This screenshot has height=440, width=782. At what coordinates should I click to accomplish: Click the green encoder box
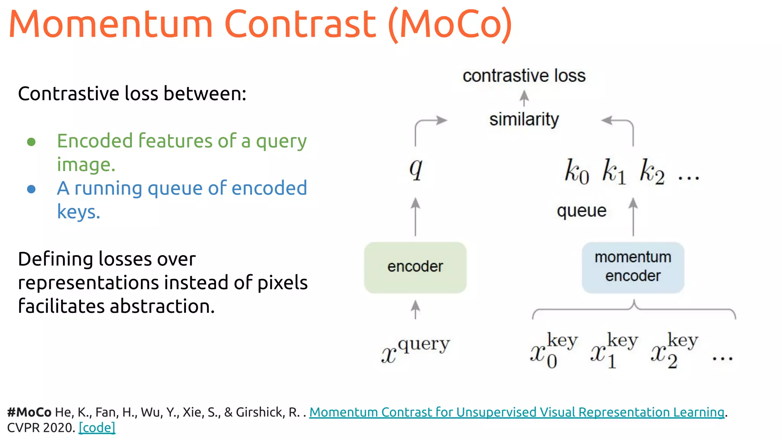point(415,267)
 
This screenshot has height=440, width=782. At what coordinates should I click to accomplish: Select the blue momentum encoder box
point(633,267)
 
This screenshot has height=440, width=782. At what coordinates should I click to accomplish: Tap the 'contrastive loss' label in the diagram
point(524,76)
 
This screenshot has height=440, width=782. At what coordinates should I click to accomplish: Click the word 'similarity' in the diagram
point(524,120)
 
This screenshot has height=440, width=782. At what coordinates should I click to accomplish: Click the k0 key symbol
point(577,171)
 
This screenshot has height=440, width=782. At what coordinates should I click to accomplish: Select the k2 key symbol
point(652,171)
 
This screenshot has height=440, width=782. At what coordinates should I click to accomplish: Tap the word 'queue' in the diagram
point(582,211)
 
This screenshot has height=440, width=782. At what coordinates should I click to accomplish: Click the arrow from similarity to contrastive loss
point(524,98)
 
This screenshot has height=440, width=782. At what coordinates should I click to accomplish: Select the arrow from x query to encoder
point(415,309)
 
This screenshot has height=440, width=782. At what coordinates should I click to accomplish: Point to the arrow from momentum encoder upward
point(633,217)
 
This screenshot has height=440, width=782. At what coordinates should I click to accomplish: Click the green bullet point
point(31,142)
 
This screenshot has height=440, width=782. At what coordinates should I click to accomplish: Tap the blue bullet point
point(31,189)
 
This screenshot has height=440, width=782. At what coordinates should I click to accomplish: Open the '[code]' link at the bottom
point(97,427)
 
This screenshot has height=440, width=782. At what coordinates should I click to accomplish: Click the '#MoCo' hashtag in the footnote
point(29,412)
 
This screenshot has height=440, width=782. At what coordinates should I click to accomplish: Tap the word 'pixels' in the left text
point(283,283)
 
